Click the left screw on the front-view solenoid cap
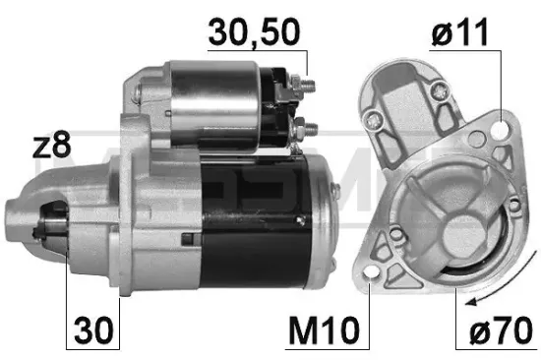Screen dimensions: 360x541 [x=374, y=121]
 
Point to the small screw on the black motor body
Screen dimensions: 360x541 [x=188, y=237]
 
